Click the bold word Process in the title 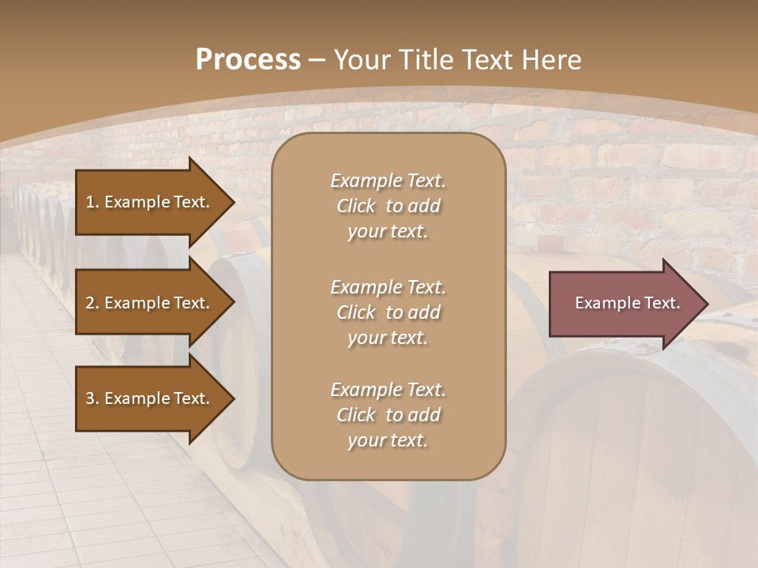coord(248,60)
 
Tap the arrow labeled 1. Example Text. coord(150,202)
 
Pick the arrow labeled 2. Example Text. coord(150,303)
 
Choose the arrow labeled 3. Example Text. coord(150,398)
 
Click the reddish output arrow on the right coord(624,303)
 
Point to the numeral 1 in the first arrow coord(90,202)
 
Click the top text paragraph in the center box coord(388,206)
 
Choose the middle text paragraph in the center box coord(388,312)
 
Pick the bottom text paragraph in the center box coord(388,415)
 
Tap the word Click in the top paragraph coord(355,206)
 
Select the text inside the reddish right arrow coord(627,303)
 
